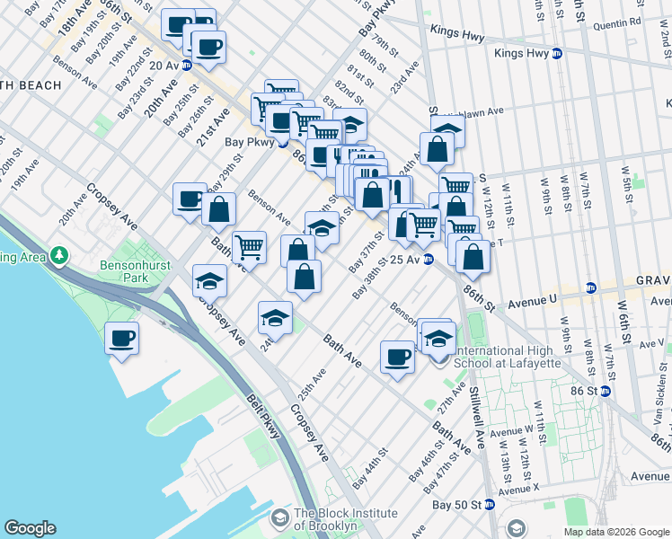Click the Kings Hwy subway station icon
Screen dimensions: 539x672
click(x=556, y=54)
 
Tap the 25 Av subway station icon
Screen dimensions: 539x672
click(x=429, y=260)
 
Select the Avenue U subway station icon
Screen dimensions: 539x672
click(x=590, y=288)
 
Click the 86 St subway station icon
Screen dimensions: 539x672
click(x=606, y=391)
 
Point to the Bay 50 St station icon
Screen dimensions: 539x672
click(x=490, y=505)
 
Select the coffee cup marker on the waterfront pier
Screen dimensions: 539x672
click(x=121, y=339)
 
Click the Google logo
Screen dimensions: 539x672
click(x=30, y=528)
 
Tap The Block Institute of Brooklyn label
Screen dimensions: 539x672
click(x=346, y=519)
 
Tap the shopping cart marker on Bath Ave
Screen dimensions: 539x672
click(x=249, y=246)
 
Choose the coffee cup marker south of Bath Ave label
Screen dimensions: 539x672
click(x=396, y=358)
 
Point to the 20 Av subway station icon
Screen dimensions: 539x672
click(x=187, y=66)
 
